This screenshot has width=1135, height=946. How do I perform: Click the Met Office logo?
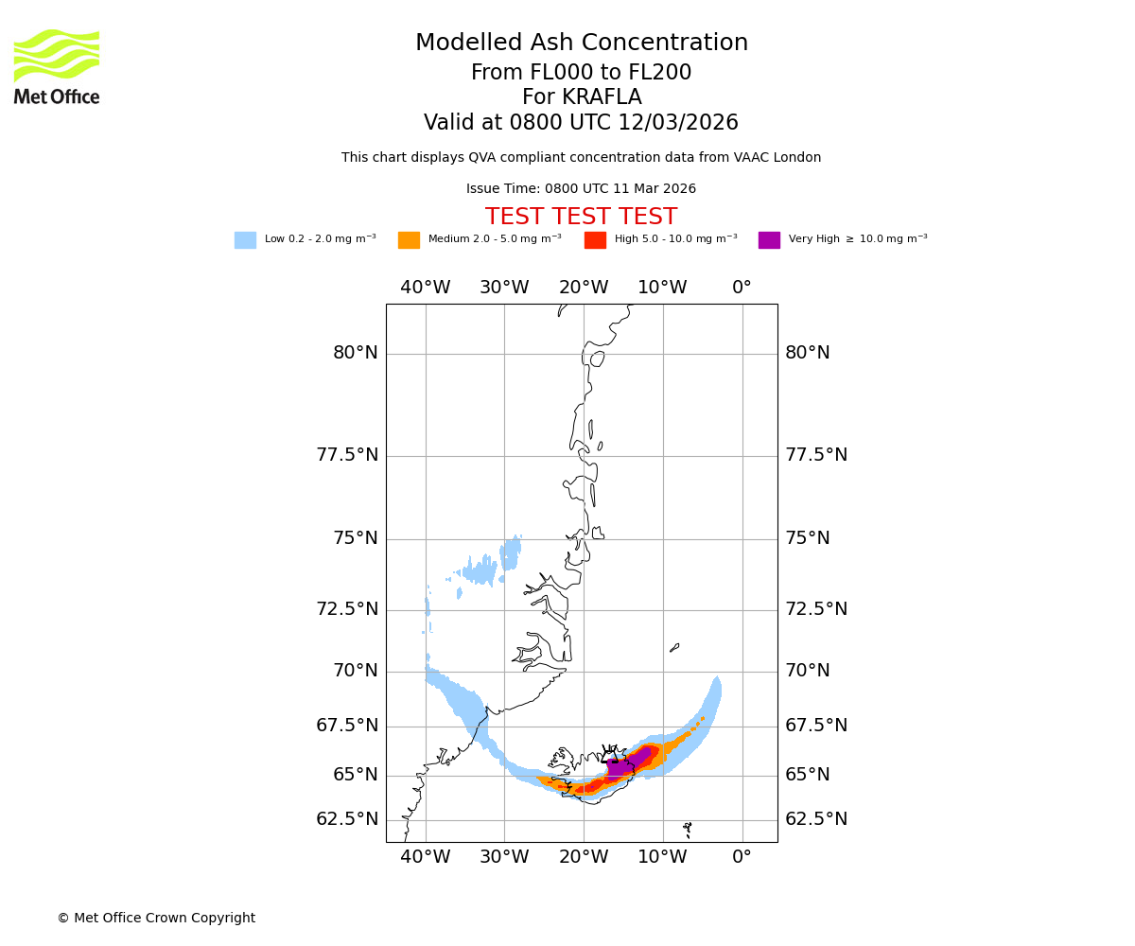(x=57, y=66)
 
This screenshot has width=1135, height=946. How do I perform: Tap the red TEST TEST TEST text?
(x=581, y=218)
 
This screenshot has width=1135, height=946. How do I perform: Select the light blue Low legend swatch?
(x=245, y=240)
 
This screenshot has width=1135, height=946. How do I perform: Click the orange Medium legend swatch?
(x=409, y=240)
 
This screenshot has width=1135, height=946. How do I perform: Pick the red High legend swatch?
(x=595, y=240)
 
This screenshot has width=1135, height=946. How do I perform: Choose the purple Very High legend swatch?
(x=769, y=240)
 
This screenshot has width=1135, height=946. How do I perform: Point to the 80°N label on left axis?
(x=356, y=353)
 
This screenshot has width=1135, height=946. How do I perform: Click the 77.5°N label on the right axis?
(x=815, y=455)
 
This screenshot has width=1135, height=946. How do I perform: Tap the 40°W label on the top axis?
(x=426, y=288)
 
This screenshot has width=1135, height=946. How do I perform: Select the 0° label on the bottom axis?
(x=742, y=857)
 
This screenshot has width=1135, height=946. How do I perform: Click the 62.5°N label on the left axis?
(x=347, y=819)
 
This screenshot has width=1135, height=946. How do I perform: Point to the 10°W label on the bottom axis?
(x=662, y=857)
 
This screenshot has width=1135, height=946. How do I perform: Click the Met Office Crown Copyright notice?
(x=156, y=918)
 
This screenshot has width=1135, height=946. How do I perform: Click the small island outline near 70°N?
(x=674, y=648)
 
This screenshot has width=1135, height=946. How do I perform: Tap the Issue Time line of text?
(x=581, y=189)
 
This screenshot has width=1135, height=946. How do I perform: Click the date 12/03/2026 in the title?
(x=678, y=123)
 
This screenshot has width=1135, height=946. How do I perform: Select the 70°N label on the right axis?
(x=806, y=671)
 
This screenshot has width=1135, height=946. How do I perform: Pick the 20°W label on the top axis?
(x=584, y=288)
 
